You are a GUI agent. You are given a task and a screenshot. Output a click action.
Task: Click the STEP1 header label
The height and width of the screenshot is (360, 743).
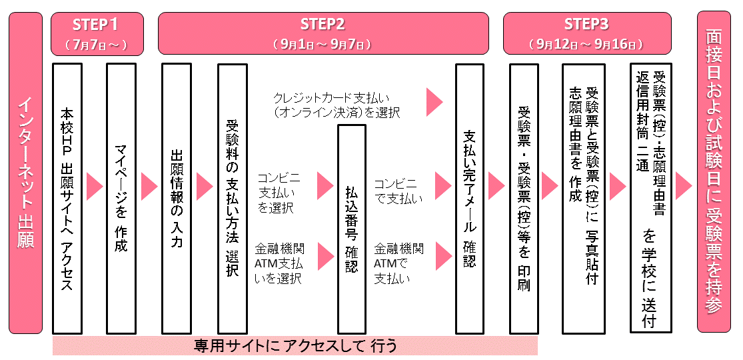pos(97,25)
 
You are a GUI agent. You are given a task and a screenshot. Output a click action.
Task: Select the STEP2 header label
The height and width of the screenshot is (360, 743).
pos(323,25)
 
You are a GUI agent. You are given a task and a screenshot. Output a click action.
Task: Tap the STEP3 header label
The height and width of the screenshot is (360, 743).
pos(586,25)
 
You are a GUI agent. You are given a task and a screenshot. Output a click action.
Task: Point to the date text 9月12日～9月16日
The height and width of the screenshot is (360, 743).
pos(586,45)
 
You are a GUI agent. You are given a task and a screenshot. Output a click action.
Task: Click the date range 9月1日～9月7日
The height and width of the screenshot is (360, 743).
pos(323,45)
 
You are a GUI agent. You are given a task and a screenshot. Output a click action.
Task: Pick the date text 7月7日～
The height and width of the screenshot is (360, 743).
pos(97,45)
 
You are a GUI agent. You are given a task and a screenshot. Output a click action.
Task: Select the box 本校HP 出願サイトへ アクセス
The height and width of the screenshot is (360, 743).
pos(67,198)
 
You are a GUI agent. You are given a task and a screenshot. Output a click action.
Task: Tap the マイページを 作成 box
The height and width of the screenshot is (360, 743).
pos(121,198)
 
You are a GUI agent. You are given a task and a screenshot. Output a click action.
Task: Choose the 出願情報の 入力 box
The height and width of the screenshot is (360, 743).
pos(177,198)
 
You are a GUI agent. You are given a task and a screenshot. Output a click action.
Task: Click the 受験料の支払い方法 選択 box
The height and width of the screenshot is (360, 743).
pos(232,198)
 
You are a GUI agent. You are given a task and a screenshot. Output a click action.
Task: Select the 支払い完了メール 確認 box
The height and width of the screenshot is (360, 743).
pos(469,198)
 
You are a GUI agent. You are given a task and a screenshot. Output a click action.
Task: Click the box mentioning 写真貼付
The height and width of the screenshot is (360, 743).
pos(584,198)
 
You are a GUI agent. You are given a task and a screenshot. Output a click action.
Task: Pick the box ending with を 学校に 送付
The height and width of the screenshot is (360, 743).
pos(651,198)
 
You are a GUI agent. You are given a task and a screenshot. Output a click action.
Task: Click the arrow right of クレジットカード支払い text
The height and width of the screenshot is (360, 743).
pos(434,101)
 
